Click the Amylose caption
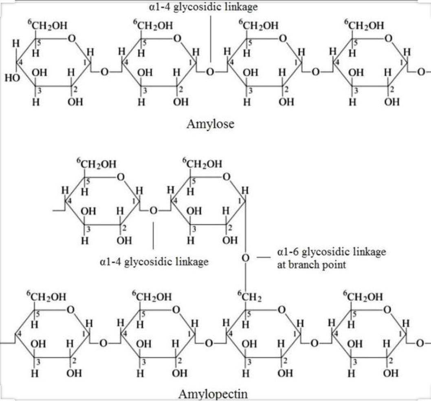(x=210, y=124)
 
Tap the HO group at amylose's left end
(x=12, y=78)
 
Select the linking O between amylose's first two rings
(x=105, y=72)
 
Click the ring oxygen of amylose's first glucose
(x=72, y=39)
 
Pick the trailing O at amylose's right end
(x=421, y=72)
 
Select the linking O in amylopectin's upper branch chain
(x=154, y=210)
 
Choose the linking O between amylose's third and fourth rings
(x=315, y=72)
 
